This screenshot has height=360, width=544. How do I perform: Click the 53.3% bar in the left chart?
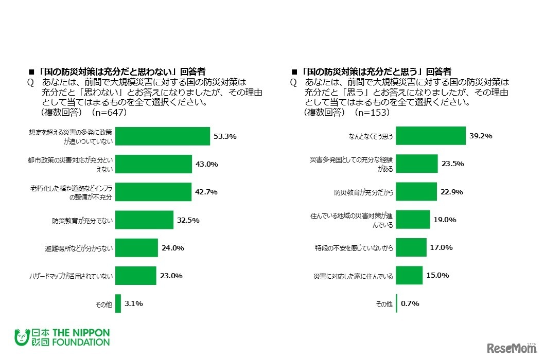[163, 136]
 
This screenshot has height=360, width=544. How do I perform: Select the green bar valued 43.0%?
[153, 164]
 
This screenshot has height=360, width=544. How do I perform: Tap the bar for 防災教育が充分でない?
[144, 220]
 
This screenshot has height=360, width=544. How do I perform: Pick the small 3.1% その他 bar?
[118, 303]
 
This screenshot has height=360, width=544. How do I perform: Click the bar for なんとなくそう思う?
[430, 136]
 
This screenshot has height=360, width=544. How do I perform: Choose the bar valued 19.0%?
[412, 220]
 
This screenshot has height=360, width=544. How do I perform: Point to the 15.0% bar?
[409, 276]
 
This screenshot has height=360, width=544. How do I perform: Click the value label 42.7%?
[207, 192]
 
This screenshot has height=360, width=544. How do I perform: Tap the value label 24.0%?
[173, 248]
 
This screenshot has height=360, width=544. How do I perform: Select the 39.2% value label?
[481, 136]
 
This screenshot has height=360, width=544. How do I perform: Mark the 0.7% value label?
[410, 303]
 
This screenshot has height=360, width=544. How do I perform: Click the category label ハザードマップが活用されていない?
[71, 276]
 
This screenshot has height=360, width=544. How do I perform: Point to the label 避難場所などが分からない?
[78, 248]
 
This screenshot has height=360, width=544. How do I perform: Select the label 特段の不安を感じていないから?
[354, 248]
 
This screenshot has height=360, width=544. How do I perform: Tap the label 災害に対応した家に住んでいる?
[354, 276]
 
